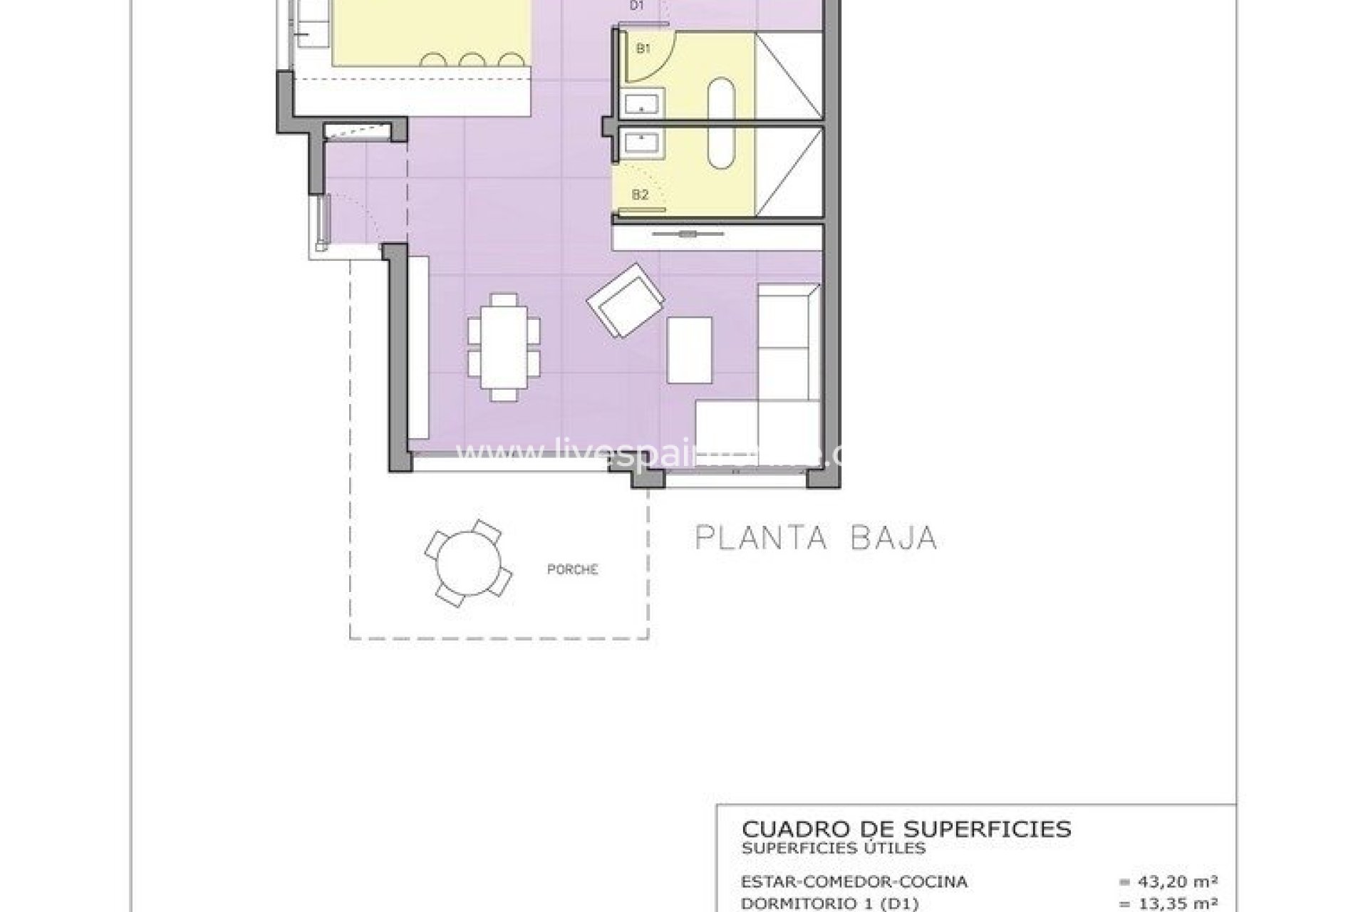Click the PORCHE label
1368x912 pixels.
(x=572, y=570)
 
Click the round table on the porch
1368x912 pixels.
(x=467, y=564)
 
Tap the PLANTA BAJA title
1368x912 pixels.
(x=816, y=538)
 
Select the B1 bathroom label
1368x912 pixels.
(x=643, y=49)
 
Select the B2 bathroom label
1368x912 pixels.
(x=640, y=195)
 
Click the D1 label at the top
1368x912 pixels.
(x=637, y=6)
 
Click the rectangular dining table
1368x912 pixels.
(x=504, y=346)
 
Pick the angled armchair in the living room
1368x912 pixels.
(x=626, y=301)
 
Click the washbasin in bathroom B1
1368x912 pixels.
(x=644, y=104)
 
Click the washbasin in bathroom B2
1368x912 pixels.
(x=644, y=142)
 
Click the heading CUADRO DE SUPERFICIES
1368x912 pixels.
(x=906, y=829)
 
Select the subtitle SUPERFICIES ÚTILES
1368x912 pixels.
(x=834, y=848)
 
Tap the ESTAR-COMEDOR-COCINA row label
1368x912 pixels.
(x=854, y=882)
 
